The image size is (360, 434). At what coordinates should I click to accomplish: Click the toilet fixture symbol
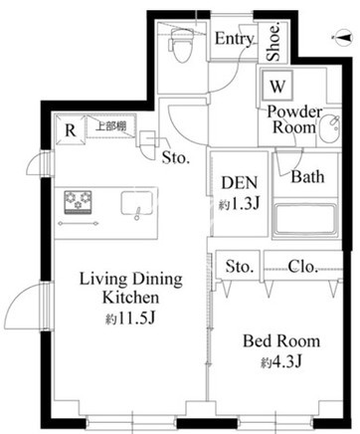click(181, 45)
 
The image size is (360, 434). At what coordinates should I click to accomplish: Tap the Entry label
click(235, 39)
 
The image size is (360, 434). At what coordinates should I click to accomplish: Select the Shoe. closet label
click(273, 42)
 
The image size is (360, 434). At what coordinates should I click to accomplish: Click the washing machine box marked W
click(277, 86)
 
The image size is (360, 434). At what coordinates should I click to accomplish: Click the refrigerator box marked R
click(71, 129)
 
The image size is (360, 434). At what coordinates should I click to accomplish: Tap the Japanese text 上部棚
click(111, 126)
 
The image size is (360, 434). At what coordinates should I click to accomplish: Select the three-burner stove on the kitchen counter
click(78, 201)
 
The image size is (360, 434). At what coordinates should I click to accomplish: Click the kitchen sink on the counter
click(137, 203)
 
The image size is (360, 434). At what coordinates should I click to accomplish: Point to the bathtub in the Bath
click(305, 220)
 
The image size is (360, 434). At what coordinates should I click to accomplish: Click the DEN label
click(240, 183)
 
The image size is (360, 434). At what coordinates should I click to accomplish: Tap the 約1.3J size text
click(239, 204)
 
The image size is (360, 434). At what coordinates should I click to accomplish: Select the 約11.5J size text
click(130, 320)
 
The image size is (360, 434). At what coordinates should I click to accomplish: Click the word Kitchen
click(130, 298)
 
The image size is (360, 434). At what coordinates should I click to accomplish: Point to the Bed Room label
click(281, 341)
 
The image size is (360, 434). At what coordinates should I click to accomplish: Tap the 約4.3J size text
click(281, 361)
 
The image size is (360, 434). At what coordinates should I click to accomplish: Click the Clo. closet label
click(302, 267)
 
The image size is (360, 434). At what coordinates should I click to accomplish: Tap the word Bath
click(307, 176)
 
